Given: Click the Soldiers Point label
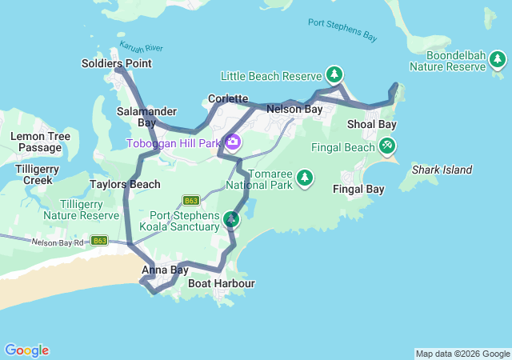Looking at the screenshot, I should [117, 63].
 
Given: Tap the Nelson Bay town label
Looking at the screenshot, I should [294, 109].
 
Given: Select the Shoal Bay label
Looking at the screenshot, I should [371, 124].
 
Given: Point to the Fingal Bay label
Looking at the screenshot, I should [358, 190].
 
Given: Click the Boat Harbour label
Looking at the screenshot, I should [222, 283].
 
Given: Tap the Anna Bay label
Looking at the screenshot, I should [165, 270].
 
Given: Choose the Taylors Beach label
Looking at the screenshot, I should [125, 184].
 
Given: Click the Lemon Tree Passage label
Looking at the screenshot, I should [40, 142].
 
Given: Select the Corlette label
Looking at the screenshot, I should [228, 98].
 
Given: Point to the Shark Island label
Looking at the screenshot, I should [442, 170].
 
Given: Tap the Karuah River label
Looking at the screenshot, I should [134, 47].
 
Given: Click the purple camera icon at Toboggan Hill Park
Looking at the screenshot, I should [233, 143].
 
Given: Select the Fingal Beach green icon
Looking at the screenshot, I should [387, 146].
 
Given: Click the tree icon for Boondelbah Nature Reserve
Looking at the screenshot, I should [498, 59].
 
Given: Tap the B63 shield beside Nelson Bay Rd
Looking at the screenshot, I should [99, 240].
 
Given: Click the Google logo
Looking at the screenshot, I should [26, 350].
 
